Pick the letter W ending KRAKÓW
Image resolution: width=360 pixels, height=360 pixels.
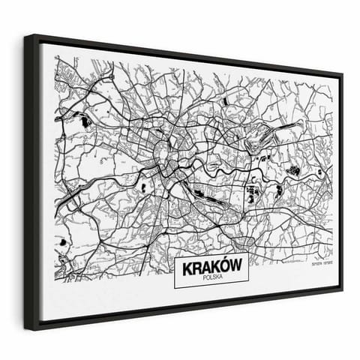tap(235, 266)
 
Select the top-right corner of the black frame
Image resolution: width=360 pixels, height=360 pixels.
tap(342, 74)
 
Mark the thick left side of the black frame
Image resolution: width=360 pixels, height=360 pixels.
tap(31, 180)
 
